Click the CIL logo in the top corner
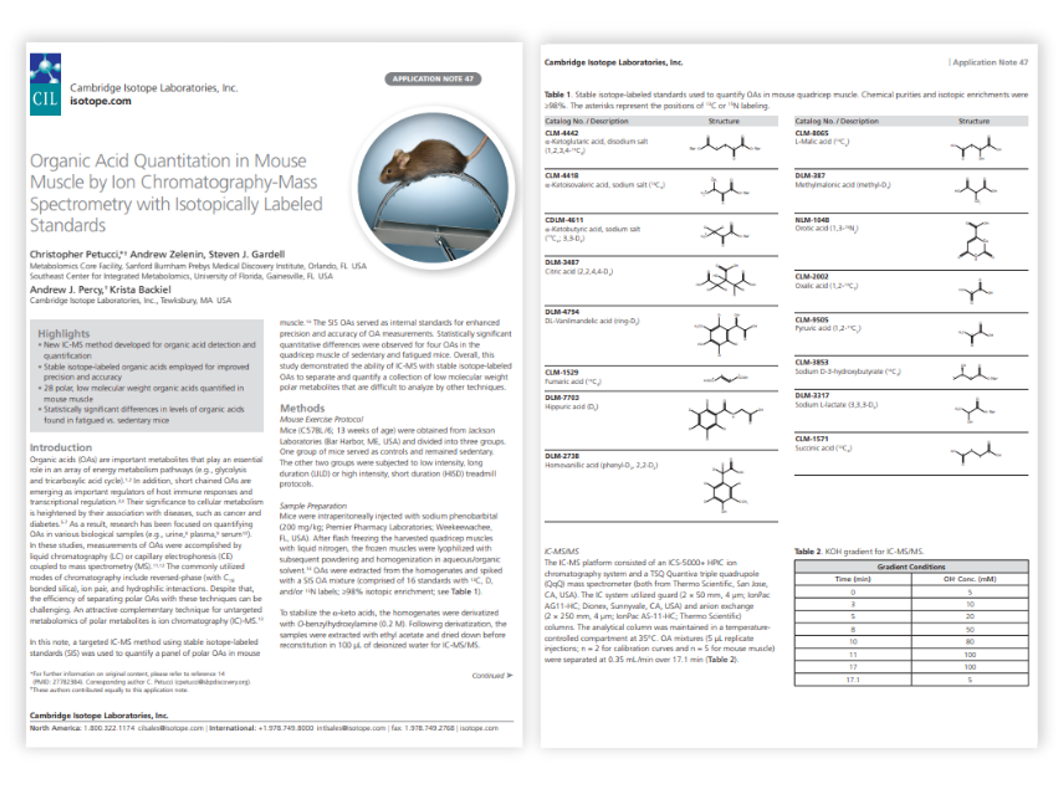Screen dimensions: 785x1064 coord(45,84)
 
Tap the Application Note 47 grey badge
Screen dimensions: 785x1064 coord(433,79)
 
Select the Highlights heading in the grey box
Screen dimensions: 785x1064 coord(64,334)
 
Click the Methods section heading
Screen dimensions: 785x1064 coord(302,408)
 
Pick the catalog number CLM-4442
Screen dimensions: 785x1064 coord(562,133)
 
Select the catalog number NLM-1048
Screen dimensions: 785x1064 coord(812,220)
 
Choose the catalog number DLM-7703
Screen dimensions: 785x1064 coord(562,398)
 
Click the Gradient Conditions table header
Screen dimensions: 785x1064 coord(911,567)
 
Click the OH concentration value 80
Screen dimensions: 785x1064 coord(970,642)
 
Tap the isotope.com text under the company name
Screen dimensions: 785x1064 coord(100,101)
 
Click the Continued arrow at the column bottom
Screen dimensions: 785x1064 coord(492,675)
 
